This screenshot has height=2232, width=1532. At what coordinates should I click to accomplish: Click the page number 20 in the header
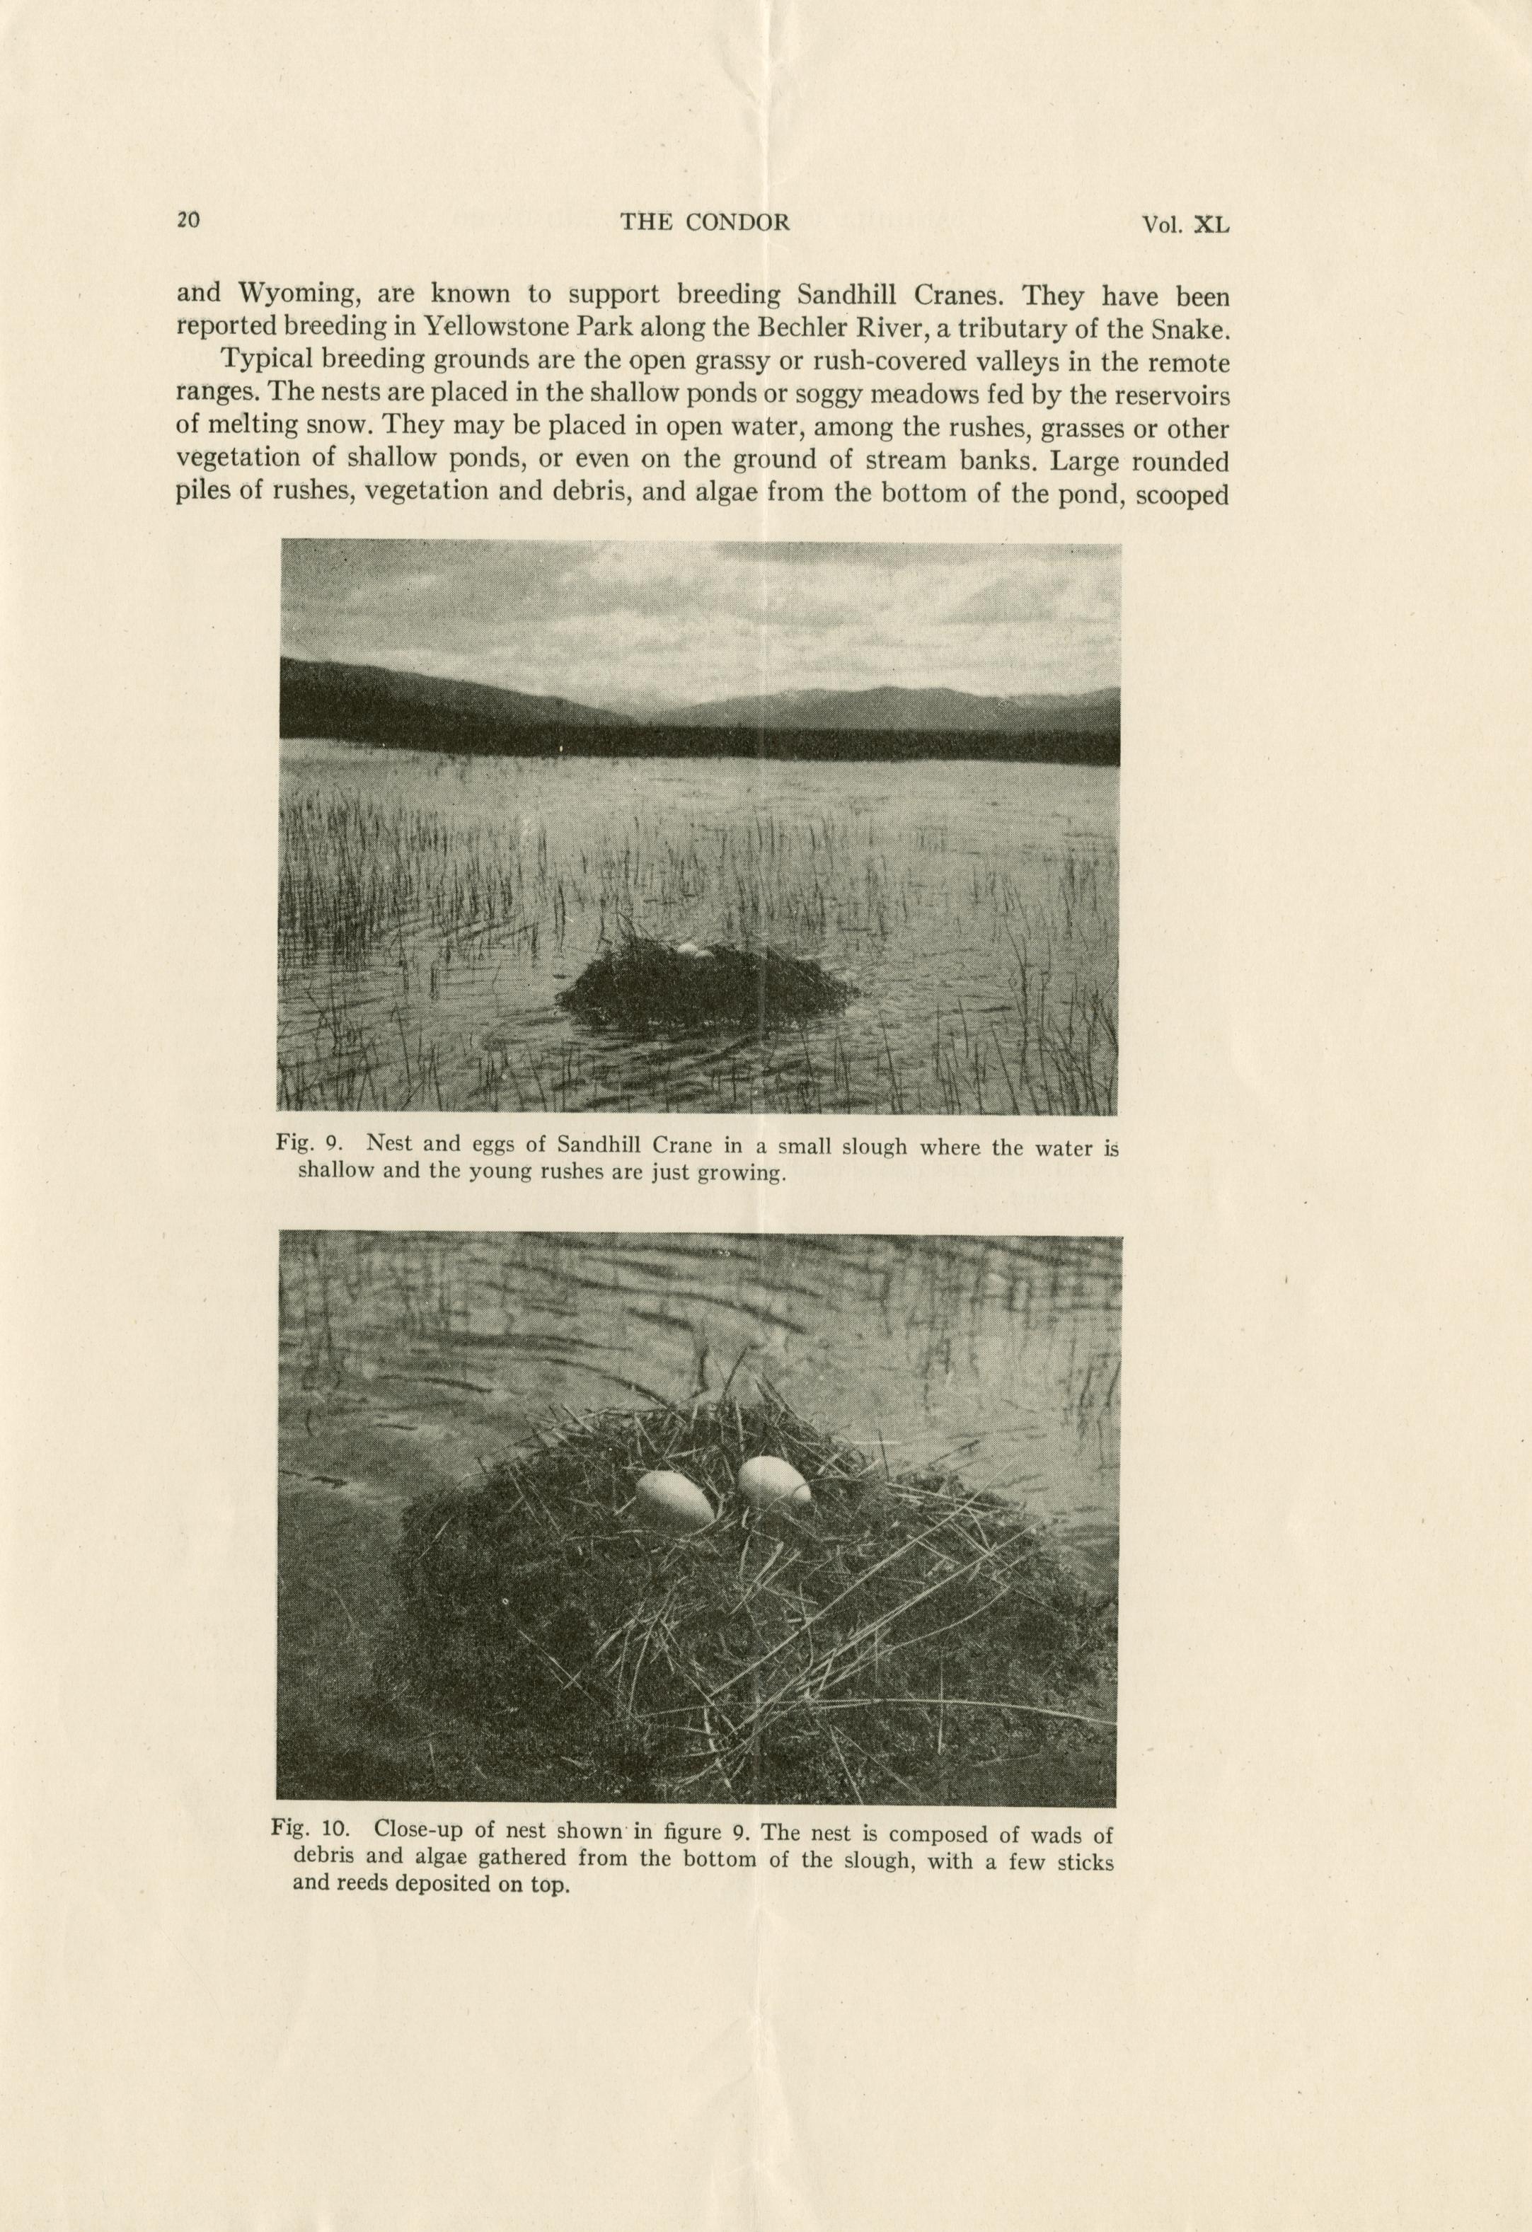point(188,220)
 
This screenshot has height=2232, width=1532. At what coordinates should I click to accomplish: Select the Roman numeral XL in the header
point(1210,225)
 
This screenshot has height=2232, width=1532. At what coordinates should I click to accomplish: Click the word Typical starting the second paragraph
point(269,362)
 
